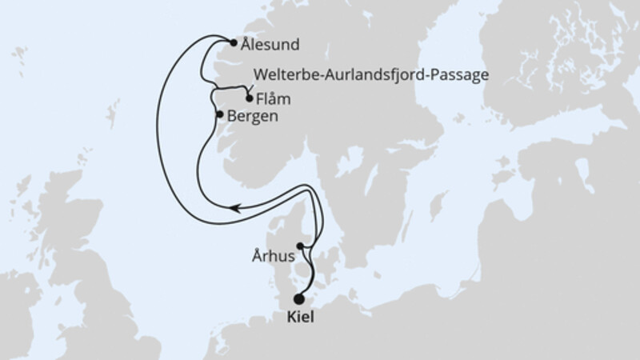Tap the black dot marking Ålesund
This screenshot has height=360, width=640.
pyautogui.click(x=233, y=44)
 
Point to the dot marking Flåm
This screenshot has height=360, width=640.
pyautogui.click(x=250, y=100)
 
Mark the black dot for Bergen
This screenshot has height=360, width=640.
pyautogui.click(x=220, y=115)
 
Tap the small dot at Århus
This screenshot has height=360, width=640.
pyautogui.click(x=300, y=246)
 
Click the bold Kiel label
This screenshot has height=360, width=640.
pyautogui.click(x=300, y=318)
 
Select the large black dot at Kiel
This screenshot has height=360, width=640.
pyautogui.click(x=299, y=299)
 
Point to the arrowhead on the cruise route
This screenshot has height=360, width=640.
pyautogui.click(x=233, y=207)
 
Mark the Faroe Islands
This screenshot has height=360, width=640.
pyautogui.click(x=16, y=56)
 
